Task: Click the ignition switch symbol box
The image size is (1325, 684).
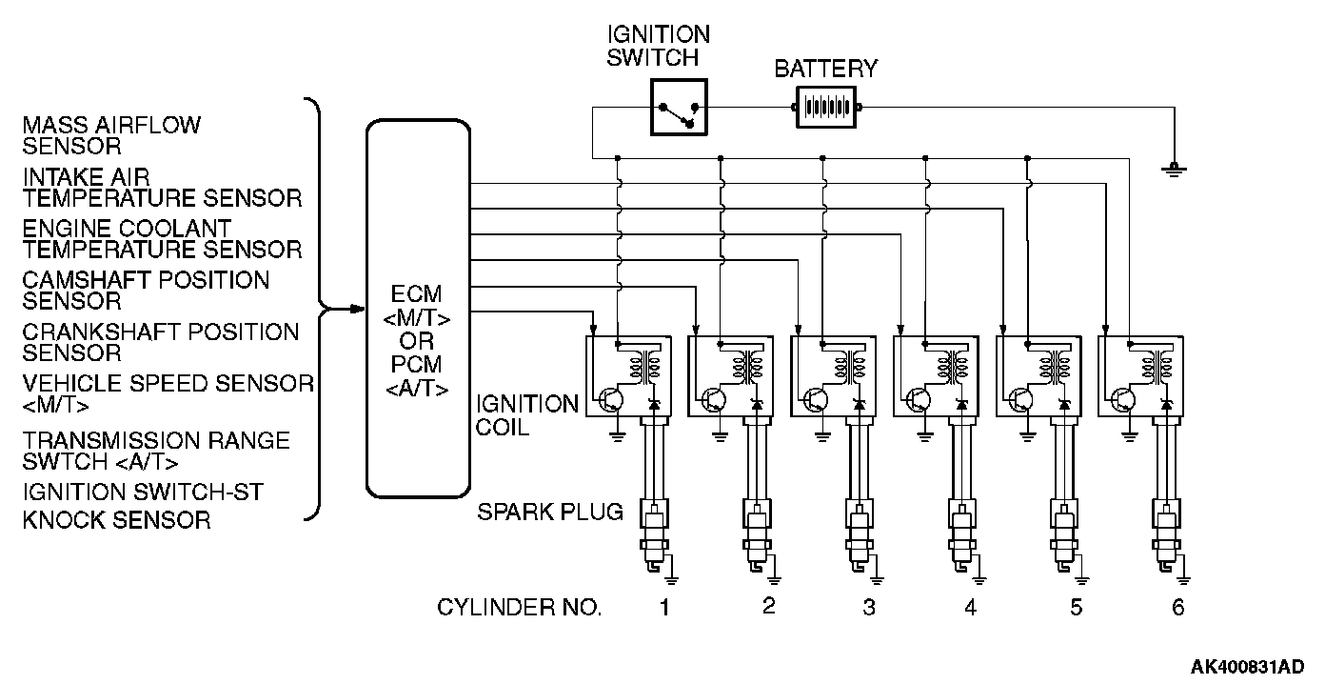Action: tap(679, 106)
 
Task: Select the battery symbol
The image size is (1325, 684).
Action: tap(827, 107)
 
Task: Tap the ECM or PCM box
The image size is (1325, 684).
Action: tap(418, 310)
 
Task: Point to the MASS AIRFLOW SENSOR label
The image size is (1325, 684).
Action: tap(112, 135)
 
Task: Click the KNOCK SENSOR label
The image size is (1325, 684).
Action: tap(116, 519)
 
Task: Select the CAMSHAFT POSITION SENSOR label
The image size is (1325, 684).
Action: tap(146, 291)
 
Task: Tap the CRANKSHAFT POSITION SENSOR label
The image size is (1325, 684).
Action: tap(160, 342)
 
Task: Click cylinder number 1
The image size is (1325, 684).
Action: tap(665, 607)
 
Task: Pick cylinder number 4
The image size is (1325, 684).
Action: tap(969, 607)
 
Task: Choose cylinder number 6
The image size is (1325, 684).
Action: tap(1177, 607)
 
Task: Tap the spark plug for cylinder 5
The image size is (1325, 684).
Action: tap(1063, 538)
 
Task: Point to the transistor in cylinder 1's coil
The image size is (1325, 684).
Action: tap(609, 399)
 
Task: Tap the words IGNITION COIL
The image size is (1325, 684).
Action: tap(526, 415)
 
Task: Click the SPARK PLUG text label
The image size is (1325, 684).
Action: tap(549, 512)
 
